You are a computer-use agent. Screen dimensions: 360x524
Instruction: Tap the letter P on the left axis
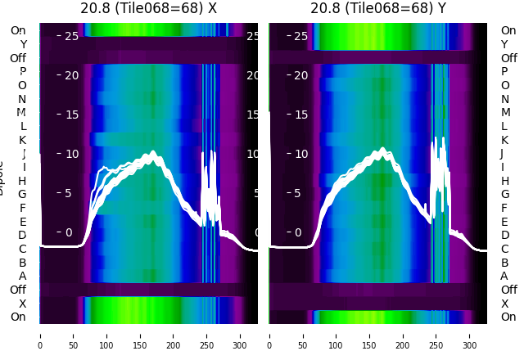[23, 71]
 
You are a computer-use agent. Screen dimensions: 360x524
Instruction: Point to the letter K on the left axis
[23, 140]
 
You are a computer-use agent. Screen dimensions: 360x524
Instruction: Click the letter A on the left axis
[23, 276]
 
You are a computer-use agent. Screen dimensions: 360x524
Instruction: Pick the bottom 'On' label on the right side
[508, 317]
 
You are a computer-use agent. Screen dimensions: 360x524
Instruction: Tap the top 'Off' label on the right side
[508, 58]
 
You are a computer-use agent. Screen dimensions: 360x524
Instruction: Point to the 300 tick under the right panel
[470, 335]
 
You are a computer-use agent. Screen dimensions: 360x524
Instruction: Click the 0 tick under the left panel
[40, 335]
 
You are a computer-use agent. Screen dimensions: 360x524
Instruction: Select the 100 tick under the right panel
[337, 335]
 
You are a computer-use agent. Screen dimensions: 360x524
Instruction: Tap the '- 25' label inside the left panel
[67, 36]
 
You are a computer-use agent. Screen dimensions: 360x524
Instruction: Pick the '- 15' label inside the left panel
[67, 115]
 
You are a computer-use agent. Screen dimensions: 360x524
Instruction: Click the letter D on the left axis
[23, 235]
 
